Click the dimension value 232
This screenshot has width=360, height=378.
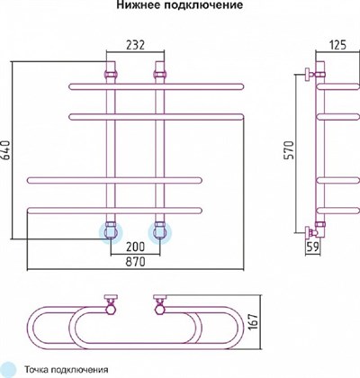coord(135,45)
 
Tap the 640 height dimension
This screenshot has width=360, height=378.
coord(6,150)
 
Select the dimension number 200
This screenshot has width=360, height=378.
coord(135,247)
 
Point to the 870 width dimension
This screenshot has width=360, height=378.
coord(135,262)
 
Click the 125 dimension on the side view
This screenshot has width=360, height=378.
coord(337,45)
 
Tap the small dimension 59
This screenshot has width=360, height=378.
coord(312,247)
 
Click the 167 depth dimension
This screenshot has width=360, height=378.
coord(254,322)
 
